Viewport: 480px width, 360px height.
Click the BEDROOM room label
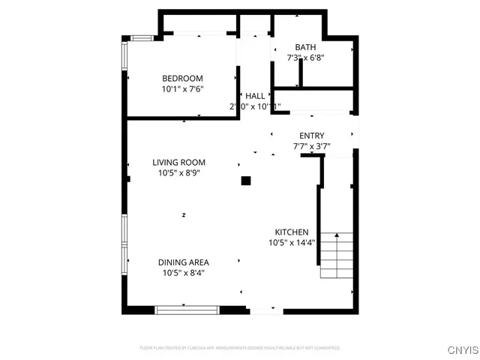(183, 79)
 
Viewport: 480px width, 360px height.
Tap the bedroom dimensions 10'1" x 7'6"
(183, 89)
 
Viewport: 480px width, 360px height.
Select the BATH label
(305, 46)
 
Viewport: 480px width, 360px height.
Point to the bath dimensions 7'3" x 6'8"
(305, 57)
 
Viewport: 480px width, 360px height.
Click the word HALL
(255, 97)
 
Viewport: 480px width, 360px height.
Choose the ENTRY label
(311, 136)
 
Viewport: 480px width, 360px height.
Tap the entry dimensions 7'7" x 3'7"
(311, 146)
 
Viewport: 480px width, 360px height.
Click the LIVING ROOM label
(178, 163)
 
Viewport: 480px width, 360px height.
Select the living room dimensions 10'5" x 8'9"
(178, 173)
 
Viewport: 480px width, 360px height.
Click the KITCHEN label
(292, 232)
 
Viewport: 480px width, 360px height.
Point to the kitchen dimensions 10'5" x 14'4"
(292, 243)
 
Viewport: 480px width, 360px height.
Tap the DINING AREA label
(183, 262)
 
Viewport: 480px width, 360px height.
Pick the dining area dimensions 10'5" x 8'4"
(183, 273)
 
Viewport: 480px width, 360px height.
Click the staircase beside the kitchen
(337, 255)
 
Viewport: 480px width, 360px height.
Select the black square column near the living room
(245, 180)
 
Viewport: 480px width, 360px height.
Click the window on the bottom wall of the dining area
(187, 307)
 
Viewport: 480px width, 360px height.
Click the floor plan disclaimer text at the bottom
(240, 348)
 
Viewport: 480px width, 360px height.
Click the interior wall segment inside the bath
(299, 74)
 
